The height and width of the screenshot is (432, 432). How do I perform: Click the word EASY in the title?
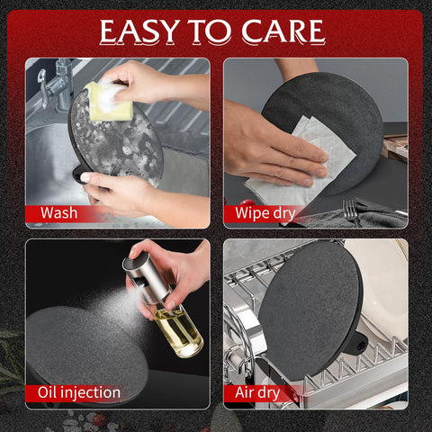point(139,31)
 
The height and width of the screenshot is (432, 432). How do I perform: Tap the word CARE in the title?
point(283,31)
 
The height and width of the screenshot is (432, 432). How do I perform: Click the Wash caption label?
point(59,212)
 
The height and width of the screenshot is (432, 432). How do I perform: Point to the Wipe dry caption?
point(265,213)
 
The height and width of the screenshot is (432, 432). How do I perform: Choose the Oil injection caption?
point(79,392)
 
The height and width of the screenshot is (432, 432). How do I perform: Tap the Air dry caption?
point(257,393)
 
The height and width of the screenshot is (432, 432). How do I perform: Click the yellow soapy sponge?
point(107,101)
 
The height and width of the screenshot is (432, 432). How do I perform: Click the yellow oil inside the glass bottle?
point(179,331)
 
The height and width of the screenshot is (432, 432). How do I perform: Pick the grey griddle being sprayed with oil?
point(87,351)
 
